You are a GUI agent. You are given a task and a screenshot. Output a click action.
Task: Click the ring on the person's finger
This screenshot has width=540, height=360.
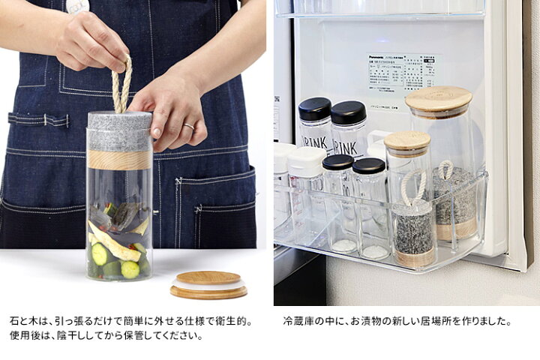189,126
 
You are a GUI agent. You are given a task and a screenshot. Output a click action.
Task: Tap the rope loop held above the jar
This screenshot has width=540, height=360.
121,86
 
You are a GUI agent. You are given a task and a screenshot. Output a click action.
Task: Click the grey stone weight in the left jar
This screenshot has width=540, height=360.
119,131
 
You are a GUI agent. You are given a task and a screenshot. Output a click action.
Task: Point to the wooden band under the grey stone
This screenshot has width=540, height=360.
119,159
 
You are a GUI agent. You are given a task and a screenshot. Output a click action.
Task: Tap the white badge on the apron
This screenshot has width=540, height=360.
77,6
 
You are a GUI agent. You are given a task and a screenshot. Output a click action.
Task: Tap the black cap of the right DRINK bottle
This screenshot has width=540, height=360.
349,112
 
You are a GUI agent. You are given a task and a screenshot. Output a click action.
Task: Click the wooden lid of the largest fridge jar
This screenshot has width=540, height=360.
438,99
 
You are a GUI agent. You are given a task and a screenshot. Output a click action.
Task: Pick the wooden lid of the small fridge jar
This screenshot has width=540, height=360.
407,140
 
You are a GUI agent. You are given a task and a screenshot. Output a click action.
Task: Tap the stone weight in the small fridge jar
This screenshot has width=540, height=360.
413,228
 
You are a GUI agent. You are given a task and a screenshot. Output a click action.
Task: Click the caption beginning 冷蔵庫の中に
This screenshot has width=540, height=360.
397,320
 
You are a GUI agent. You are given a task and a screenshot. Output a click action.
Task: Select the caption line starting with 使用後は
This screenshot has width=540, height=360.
106,335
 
